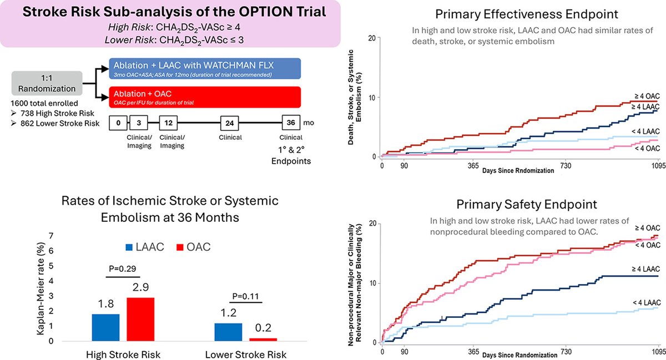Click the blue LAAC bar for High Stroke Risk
coord(105,328)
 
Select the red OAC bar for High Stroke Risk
coord(140,320)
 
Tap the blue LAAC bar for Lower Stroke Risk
coord(228,332)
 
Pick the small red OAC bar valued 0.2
coord(263,339)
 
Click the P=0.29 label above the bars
coord(123,268)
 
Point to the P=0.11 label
coord(245,296)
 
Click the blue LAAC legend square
coord(129,247)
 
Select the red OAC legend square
coord(180,247)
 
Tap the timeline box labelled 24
coord(229,123)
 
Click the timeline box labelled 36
coord(291,123)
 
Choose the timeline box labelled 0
coord(118,123)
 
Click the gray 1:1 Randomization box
coord(47,83)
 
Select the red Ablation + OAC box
coord(205,97)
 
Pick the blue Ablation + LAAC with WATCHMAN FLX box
coord(205,69)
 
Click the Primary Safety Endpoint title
coord(527,205)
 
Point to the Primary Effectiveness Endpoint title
coord(527,14)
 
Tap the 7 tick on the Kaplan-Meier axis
coord(51,236)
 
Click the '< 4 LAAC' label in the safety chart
coord(647,303)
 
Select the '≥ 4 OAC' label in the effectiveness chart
coord(647,96)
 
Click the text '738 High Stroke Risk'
coord(57,113)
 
